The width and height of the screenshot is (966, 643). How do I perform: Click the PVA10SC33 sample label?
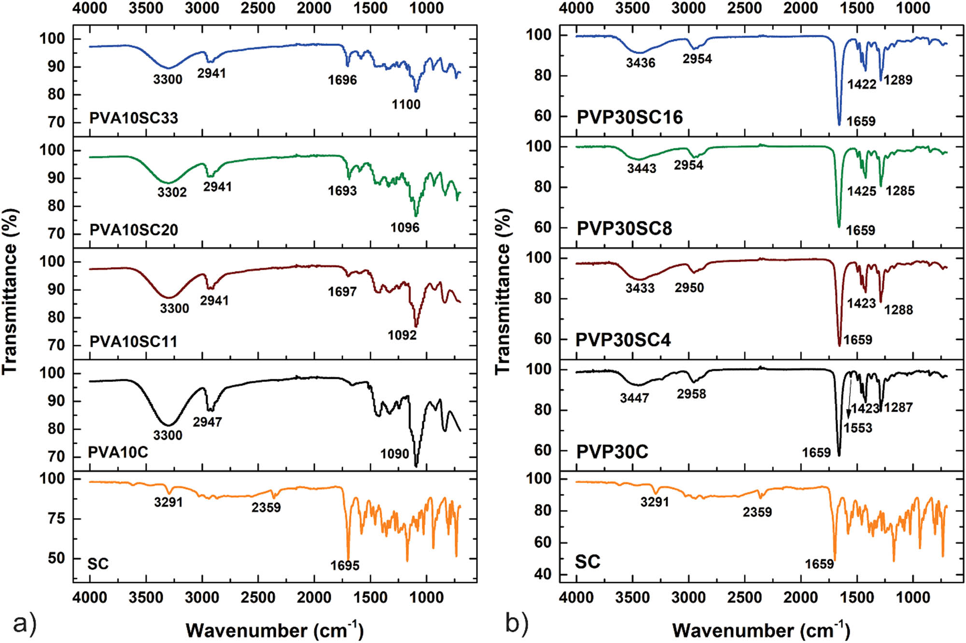pos(134,118)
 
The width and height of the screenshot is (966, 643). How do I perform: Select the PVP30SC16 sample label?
pos(630,117)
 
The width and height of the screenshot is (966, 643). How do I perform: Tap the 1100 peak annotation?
pos(406,104)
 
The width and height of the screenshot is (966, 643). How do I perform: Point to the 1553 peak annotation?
pos(858,428)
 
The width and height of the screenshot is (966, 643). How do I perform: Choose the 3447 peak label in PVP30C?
pos(634,398)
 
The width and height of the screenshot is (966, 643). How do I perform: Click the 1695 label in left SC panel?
pos(345,565)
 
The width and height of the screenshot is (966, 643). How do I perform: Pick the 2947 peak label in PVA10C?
pos(207,422)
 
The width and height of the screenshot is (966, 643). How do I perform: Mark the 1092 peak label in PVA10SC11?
pos(402,335)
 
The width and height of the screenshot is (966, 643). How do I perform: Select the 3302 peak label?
pos(172,192)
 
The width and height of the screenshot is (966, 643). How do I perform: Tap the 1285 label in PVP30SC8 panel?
pos(900,191)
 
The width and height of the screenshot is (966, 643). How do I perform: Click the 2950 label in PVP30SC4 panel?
pos(689,288)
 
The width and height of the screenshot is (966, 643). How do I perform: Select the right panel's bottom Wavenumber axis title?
pos(761,630)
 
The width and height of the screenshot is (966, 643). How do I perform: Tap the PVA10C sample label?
pos(118,452)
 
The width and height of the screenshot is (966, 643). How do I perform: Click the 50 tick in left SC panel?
pos(56,558)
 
